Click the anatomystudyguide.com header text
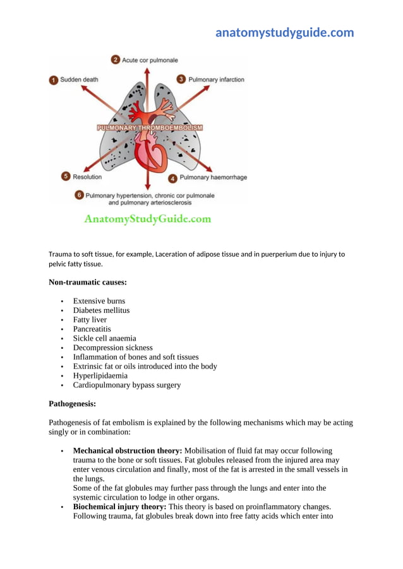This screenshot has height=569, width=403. [x=284, y=33]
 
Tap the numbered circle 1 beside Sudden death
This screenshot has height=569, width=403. [x=54, y=80]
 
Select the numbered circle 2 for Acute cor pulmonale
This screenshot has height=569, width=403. [x=116, y=60]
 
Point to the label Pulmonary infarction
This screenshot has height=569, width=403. [x=216, y=79]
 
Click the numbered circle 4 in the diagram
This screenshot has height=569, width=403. [x=172, y=178]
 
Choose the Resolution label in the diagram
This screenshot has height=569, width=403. [x=87, y=177]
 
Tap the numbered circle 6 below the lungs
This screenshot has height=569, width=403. [x=79, y=196]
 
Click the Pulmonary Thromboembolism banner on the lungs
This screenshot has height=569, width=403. [x=150, y=127]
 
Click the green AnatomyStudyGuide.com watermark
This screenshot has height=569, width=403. [x=148, y=220]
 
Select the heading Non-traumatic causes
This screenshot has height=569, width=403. [x=85, y=283]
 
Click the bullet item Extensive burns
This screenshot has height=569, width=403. [x=99, y=301]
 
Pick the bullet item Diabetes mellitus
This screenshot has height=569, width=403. [x=101, y=310]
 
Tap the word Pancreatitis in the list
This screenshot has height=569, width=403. [x=92, y=329]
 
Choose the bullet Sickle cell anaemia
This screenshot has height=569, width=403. [x=104, y=338]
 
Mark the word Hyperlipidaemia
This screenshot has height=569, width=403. [x=100, y=375]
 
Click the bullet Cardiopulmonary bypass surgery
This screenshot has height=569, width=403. [x=126, y=385]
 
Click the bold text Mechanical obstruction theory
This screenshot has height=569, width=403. [x=128, y=451]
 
